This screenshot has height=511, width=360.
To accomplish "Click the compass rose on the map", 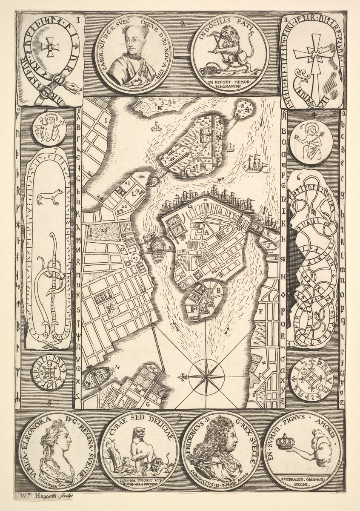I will pyautogui.click(x=207, y=376).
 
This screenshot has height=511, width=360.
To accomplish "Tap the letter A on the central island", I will pyautogui.click(x=206, y=233).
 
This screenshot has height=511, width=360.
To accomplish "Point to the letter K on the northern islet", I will pyautogui.click(x=160, y=108).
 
